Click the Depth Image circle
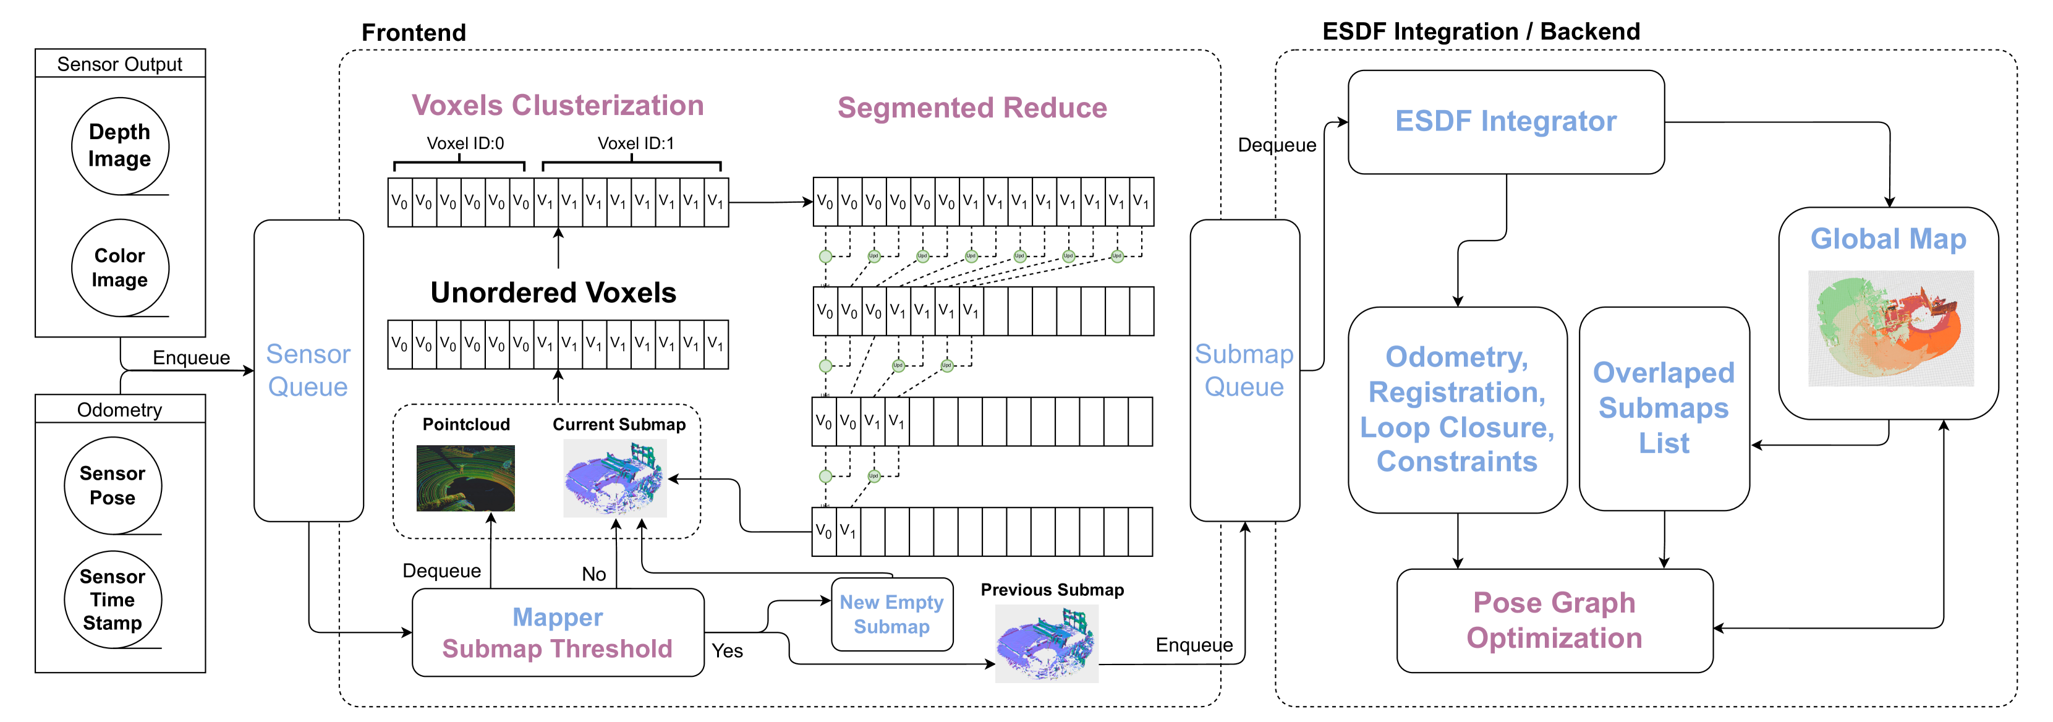[x=119, y=146]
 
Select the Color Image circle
[x=119, y=268]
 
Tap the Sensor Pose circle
[x=113, y=485]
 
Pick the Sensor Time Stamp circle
[x=113, y=599]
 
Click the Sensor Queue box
[x=308, y=370]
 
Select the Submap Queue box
[x=1244, y=370]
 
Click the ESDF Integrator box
[x=1505, y=122]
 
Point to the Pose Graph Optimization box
[x=1554, y=621]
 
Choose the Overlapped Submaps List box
[x=1664, y=408]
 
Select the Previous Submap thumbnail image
[x=1047, y=643]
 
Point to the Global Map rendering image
[x=1890, y=328]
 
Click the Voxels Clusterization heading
[x=557, y=105]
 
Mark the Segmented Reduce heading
[x=972, y=108]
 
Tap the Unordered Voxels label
[x=553, y=292]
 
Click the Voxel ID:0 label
[x=465, y=143]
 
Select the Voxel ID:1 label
[x=635, y=143]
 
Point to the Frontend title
[x=414, y=33]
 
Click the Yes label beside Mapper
[x=727, y=651]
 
